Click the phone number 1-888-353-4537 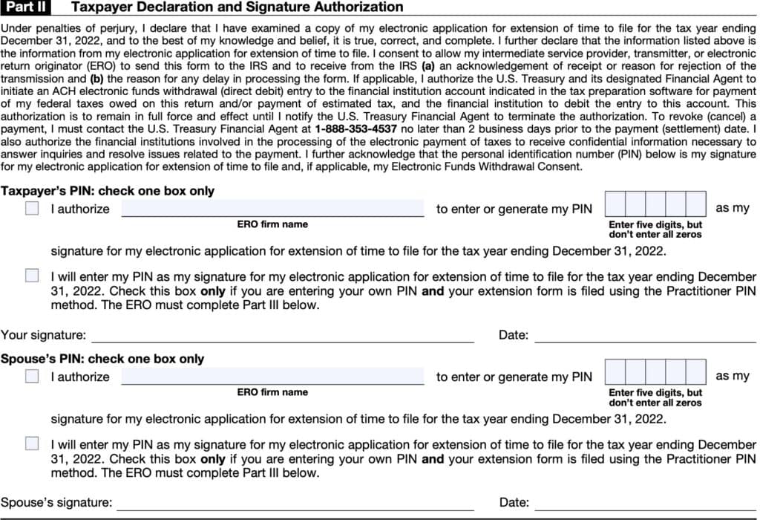(x=354, y=129)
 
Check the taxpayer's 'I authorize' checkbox (x=32, y=209)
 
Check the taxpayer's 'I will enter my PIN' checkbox (x=32, y=276)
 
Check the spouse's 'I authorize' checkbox (x=32, y=377)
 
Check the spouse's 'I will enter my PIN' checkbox (x=32, y=443)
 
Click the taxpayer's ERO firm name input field (x=272, y=208)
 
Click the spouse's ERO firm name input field (x=272, y=376)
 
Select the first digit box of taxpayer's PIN (x=615, y=204)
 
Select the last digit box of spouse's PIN (x=695, y=371)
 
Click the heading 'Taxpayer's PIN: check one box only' (x=108, y=191)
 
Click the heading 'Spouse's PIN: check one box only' (x=102, y=359)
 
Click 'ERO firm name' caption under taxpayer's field (x=272, y=224)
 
